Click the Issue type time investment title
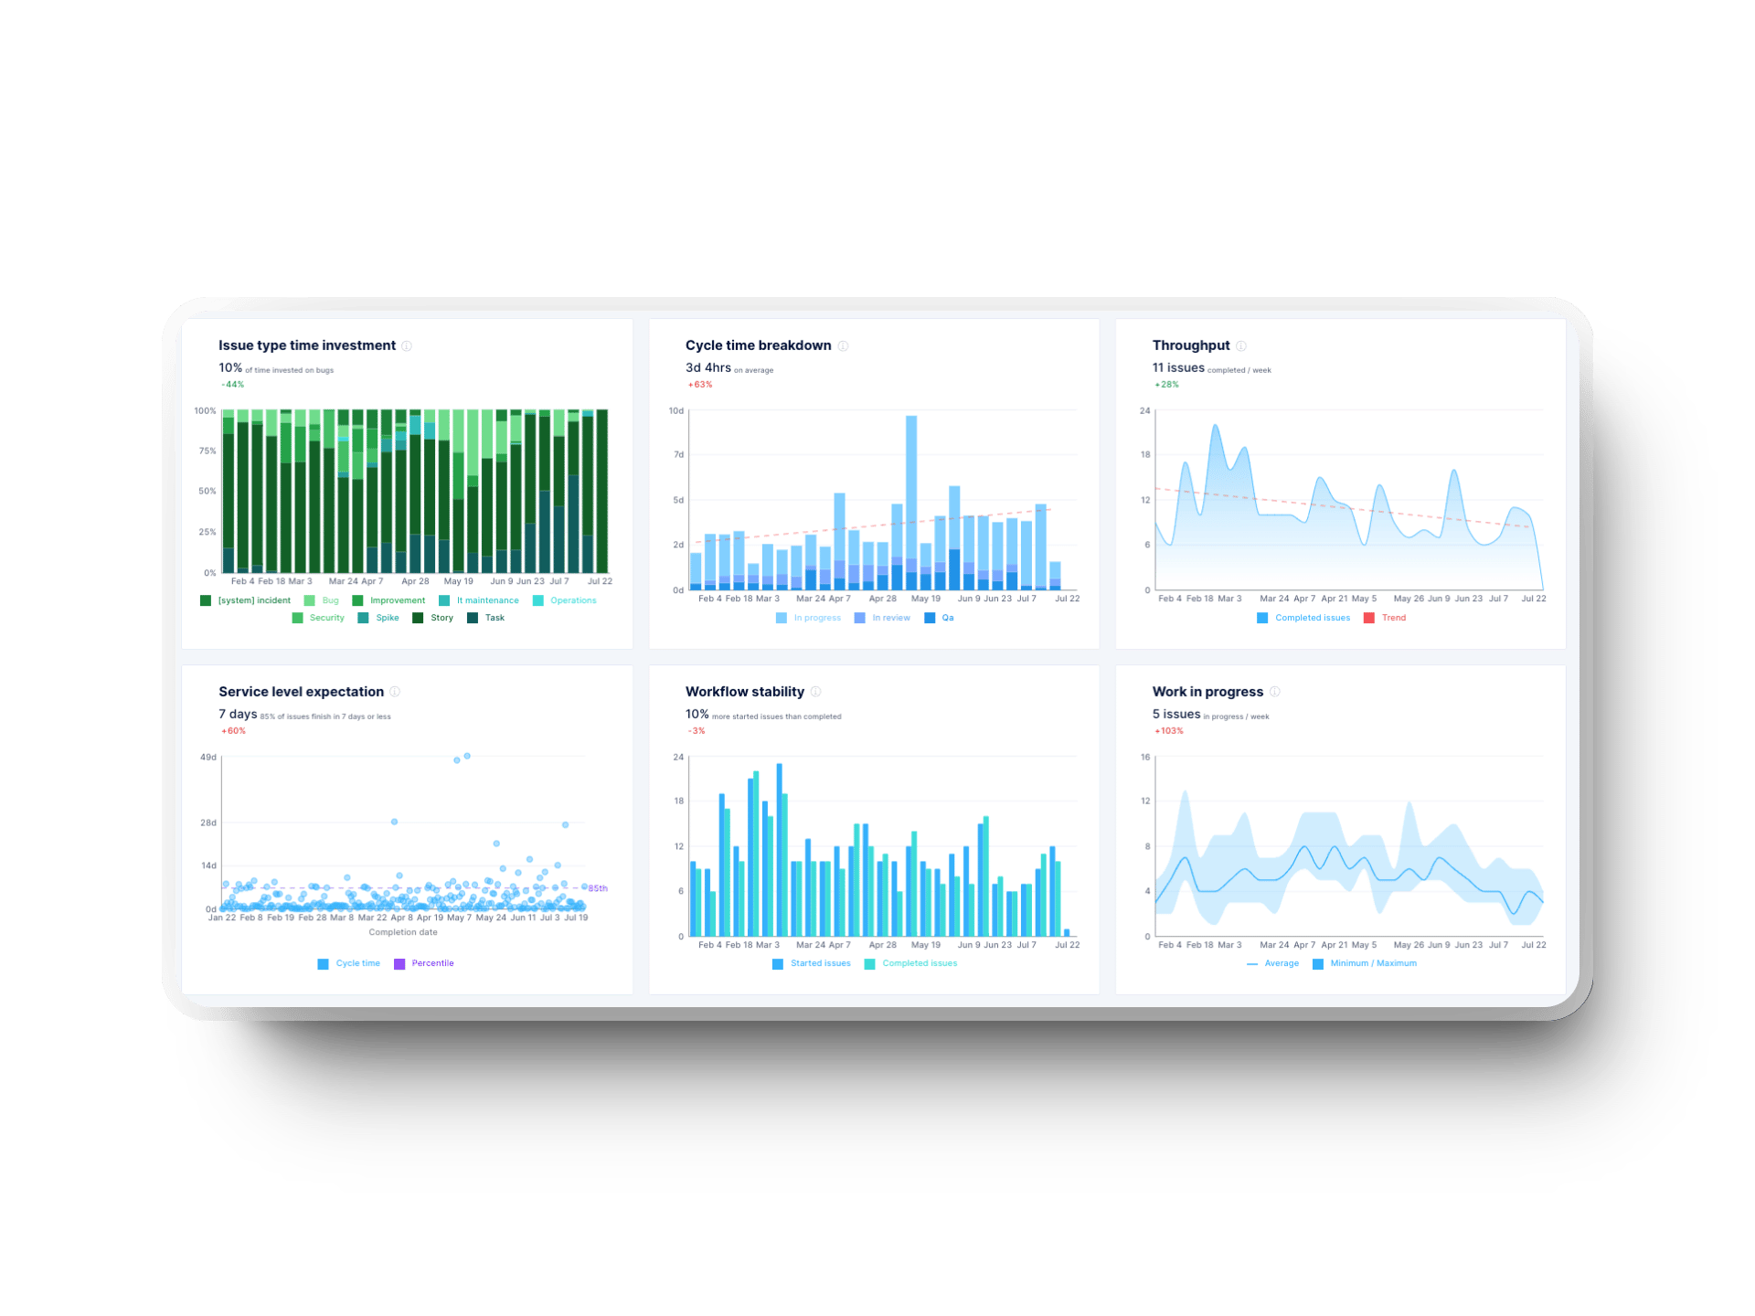(x=306, y=345)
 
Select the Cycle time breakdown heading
(x=758, y=345)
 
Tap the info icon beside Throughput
(x=1241, y=346)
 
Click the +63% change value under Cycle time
(x=700, y=385)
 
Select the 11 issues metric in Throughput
(x=1178, y=367)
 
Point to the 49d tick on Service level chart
(x=208, y=758)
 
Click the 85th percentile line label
(x=598, y=888)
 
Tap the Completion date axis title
(x=403, y=932)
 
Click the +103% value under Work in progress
(x=1168, y=731)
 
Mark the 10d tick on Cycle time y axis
(x=675, y=411)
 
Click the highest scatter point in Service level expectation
(x=467, y=756)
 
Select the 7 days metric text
(x=238, y=714)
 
